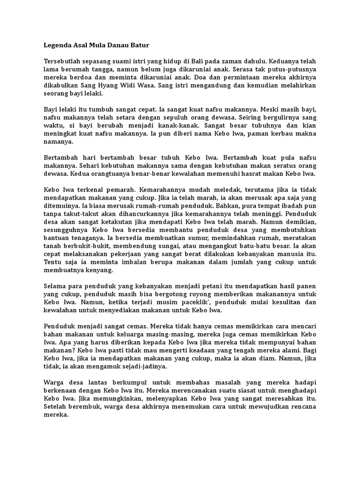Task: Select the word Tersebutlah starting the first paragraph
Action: [64, 61]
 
